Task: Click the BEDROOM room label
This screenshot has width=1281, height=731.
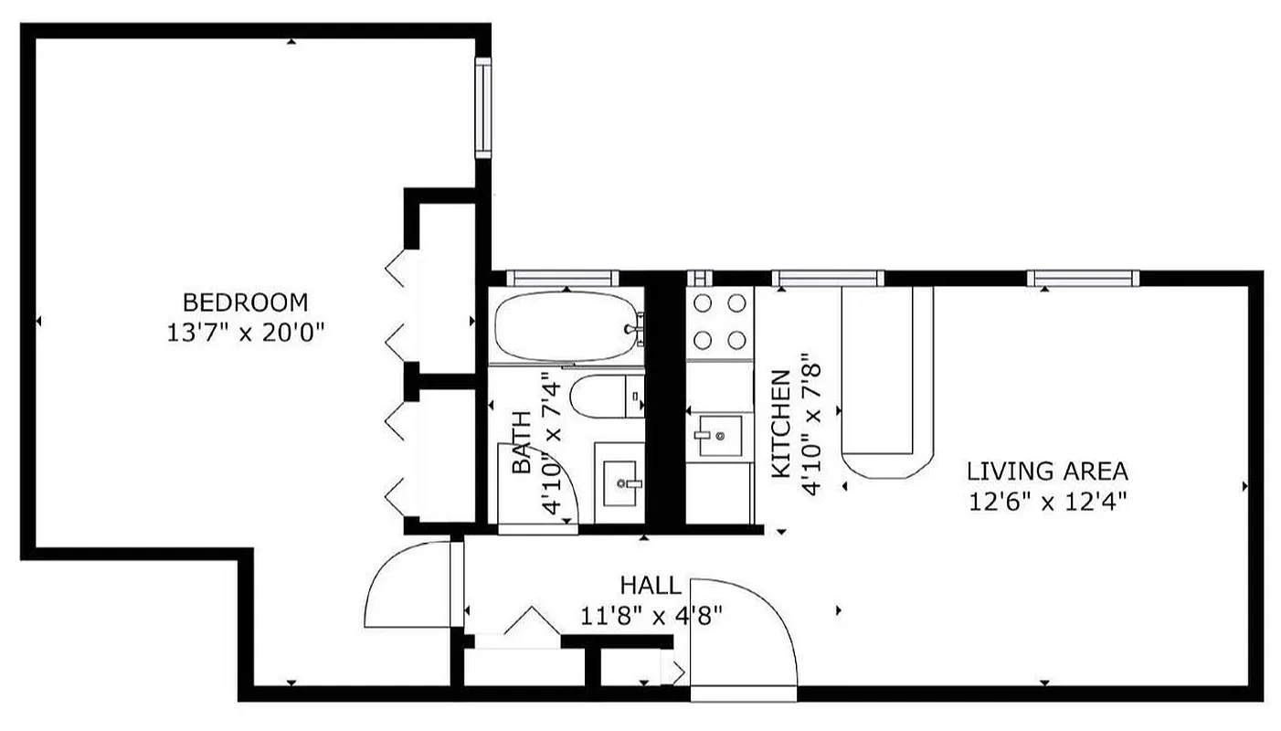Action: [245, 302]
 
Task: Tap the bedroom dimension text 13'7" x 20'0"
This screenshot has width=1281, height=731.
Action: [245, 332]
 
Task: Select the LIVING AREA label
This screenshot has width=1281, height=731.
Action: [1047, 471]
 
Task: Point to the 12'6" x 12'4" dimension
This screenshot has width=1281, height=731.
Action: [1047, 501]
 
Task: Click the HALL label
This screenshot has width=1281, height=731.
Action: [650, 585]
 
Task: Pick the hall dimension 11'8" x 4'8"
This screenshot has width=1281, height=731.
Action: [651, 615]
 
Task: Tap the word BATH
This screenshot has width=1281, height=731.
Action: [521, 442]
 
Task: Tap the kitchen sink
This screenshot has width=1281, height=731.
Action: [718, 436]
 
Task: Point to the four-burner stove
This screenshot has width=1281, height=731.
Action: [719, 322]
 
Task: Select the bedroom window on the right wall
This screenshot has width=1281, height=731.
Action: [482, 108]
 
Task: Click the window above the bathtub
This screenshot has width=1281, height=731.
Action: [562, 278]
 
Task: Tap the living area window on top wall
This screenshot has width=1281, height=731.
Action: [1083, 278]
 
